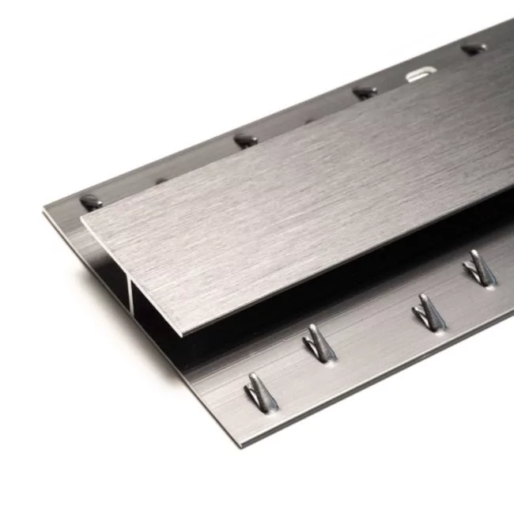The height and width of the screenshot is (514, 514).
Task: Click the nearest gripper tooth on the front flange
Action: pyautogui.click(x=260, y=392)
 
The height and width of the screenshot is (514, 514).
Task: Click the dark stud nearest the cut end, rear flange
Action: pyautogui.click(x=92, y=202)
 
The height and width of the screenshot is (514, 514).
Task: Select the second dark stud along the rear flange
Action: pyautogui.click(x=245, y=141)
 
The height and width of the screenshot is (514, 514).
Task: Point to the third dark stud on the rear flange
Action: pyautogui.click(x=365, y=93)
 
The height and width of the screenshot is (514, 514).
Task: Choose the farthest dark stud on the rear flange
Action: pyautogui.click(x=473, y=49)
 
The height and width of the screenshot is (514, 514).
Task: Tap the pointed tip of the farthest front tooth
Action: pyautogui.click(x=473, y=252)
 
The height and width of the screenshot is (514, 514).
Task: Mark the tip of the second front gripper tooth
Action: pyautogui.click(x=311, y=326)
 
